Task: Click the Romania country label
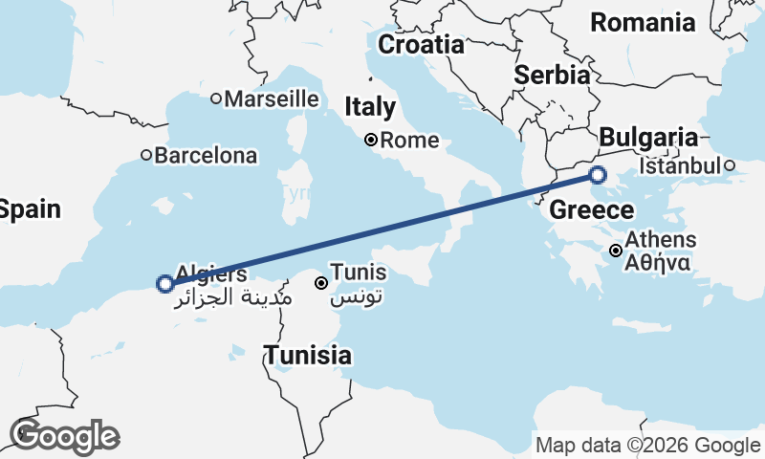pos(655,22)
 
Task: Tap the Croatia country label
pos(421,44)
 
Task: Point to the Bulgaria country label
pos(650,136)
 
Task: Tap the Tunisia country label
pos(308,357)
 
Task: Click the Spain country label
pos(29,209)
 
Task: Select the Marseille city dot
pos(216,98)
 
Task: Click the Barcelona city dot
pos(146,155)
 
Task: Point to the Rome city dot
pos(371,141)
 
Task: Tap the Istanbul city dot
pos(729,165)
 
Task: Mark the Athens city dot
pos(616,251)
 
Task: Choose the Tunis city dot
pos(322,282)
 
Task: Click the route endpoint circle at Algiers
pos(164,283)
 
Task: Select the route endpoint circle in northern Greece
pos(598,175)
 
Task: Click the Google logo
pos(65,436)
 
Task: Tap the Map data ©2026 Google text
pos(647,445)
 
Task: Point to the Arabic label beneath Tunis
pos(358,297)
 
